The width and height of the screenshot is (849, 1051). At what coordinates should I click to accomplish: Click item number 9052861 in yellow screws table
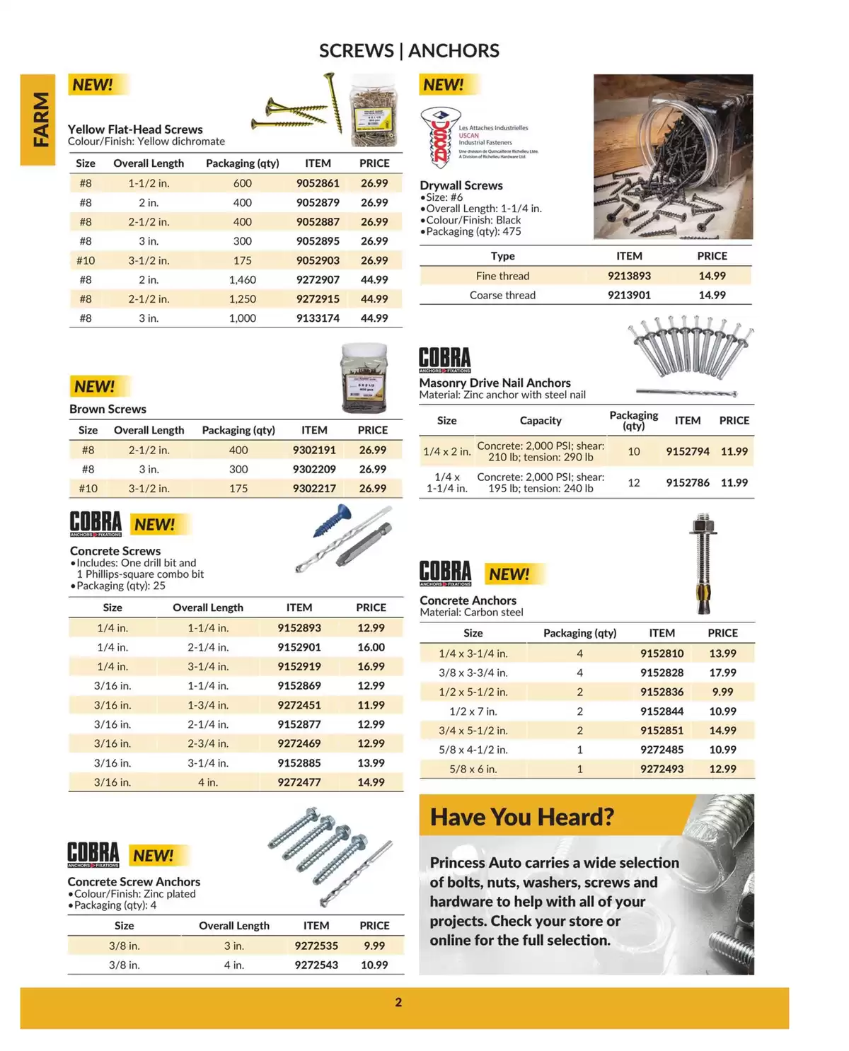click(x=318, y=183)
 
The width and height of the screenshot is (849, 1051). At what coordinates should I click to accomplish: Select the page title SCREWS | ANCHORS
click(x=409, y=51)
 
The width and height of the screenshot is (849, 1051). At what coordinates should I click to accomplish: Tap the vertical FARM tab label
click(x=40, y=120)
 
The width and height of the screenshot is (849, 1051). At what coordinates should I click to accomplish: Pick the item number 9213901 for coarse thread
click(x=629, y=295)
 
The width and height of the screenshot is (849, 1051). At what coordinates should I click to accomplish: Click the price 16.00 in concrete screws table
click(x=371, y=647)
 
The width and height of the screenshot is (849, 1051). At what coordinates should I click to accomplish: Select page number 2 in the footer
click(x=398, y=1002)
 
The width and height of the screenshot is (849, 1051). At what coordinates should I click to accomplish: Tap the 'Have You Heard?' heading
click(x=522, y=818)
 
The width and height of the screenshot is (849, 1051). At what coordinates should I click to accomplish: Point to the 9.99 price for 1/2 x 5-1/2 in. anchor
click(x=722, y=692)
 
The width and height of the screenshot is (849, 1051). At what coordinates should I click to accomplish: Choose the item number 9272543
click(x=316, y=965)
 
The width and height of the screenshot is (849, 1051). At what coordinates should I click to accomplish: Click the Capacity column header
click(x=541, y=421)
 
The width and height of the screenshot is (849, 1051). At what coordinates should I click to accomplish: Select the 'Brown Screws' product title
click(x=108, y=409)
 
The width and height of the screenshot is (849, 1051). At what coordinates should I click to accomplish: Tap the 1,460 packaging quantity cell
click(x=243, y=279)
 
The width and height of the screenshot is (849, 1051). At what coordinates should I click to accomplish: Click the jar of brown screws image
click(x=364, y=378)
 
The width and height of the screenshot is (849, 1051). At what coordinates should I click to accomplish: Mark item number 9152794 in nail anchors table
click(x=687, y=451)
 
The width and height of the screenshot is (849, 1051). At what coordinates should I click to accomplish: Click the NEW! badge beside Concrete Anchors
click(x=509, y=574)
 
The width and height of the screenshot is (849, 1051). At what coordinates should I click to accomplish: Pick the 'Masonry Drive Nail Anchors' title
click(x=495, y=383)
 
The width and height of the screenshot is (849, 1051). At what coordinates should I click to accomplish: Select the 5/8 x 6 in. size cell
click(x=473, y=769)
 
